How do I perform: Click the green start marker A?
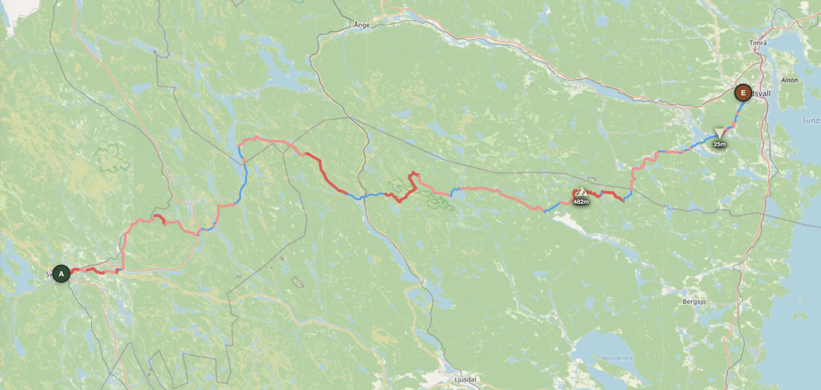[61, 274]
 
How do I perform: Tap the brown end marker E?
[743, 93]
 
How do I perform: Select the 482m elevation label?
[581, 202]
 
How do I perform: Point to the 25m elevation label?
[720, 144]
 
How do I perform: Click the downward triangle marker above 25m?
[720, 133]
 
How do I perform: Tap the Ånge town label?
[362, 25]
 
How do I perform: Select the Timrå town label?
[758, 43]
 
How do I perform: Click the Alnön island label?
[789, 80]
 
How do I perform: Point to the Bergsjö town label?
[694, 302]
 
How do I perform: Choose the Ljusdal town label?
[465, 380]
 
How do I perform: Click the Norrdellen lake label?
[617, 358]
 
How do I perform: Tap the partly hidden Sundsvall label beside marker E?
[761, 94]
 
